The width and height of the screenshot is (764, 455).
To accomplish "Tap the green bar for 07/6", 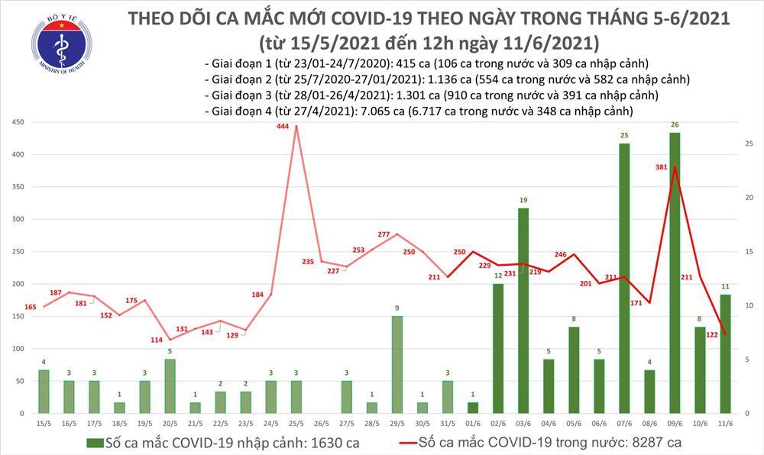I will pos(624,278).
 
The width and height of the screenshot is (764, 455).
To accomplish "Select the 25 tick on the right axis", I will pos(750,144).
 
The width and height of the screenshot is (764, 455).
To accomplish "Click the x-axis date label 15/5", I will pos(44,424).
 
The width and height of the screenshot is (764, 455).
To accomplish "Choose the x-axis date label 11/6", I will pos(725,424).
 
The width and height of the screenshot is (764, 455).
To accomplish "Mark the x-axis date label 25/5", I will pos(296,424).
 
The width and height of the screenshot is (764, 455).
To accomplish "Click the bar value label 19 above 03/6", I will pos(523,200).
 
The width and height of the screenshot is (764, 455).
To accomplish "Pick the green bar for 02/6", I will pos(498,348).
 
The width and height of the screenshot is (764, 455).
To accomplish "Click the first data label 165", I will pos(31,307).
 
